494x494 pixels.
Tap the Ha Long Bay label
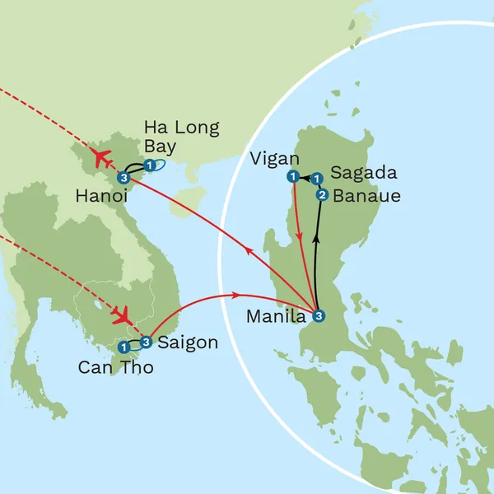point(181,137)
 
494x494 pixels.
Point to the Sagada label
point(363,174)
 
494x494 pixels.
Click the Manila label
point(277,315)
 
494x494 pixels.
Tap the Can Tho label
point(115,367)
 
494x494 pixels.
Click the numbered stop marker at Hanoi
point(123,178)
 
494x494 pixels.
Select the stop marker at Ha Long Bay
point(149,165)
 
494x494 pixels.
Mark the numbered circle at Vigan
point(291,176)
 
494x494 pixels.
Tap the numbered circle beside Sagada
point(316,177)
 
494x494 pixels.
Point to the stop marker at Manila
point(319,315)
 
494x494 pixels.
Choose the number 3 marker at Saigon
point(146,342)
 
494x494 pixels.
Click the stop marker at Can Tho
point(123,347)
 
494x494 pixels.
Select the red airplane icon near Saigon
point(123,315)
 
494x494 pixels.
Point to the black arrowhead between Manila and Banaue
point(316,245)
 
